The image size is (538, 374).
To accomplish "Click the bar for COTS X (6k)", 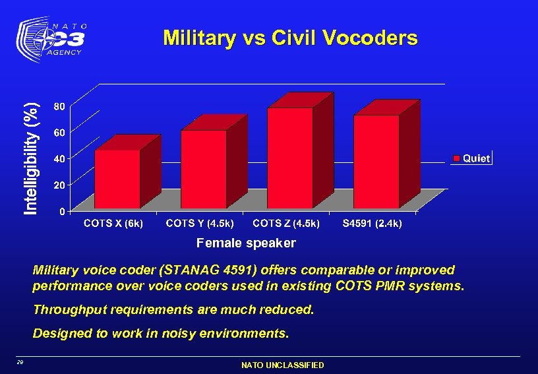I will point(117,179).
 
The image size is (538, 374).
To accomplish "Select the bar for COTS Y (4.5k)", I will point(204,169).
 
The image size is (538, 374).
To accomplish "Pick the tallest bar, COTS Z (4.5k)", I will point(290,158).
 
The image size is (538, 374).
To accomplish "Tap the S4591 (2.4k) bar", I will point(376,162).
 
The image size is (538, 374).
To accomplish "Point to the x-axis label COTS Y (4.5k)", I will point(200,224).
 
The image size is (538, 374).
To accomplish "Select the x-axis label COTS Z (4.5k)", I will point(287,224).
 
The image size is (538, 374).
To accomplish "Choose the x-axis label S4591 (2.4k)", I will point(373,224).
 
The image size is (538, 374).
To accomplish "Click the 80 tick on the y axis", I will point(59,106).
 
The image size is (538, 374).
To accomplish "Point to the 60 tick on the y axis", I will point(59,132).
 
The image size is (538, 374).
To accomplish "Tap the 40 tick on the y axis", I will point(59,158).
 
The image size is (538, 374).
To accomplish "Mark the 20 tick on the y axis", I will point(59,185).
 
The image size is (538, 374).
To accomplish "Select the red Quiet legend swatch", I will point(456,158).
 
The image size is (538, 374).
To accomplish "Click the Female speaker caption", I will point(247,243).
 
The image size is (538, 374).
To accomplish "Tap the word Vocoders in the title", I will point(371,38).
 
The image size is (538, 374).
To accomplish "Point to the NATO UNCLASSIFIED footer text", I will point(283,365).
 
